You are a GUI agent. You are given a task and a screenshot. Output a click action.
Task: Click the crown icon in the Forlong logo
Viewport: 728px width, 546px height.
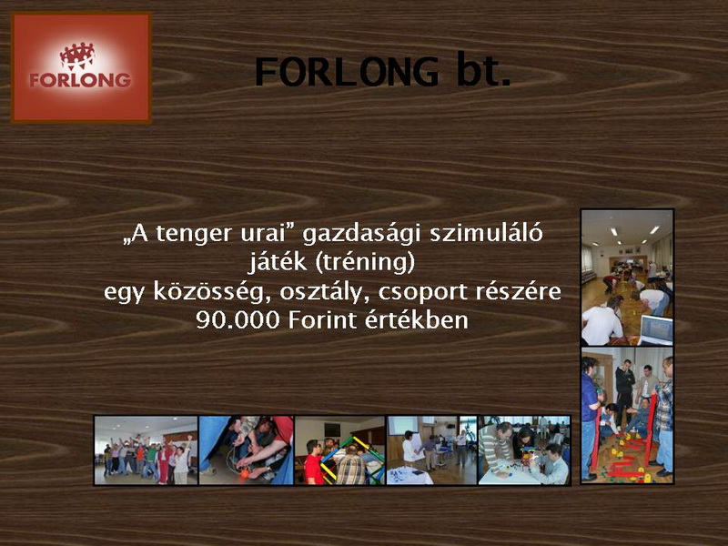(x=77, y=56)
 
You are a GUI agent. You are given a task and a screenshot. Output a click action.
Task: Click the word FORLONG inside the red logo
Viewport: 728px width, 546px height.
(x=80, y=80)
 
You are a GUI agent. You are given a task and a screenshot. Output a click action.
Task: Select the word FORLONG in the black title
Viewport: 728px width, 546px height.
(x=347, y=72)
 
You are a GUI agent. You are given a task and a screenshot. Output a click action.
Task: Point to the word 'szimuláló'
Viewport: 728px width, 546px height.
(x=486, y=233)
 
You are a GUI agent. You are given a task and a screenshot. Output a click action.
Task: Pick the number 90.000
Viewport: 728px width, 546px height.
(x=238, y=320)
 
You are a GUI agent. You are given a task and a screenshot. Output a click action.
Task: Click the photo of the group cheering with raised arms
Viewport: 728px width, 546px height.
(x=147, y=450)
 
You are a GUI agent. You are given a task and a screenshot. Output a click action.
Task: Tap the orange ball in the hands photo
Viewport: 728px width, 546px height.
(x=245, y=473)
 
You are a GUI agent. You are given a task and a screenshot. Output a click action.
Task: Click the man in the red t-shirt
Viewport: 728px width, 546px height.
(x=314, y=463)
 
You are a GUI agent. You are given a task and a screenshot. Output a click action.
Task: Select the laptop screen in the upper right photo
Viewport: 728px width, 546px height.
(x=656, y=329)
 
